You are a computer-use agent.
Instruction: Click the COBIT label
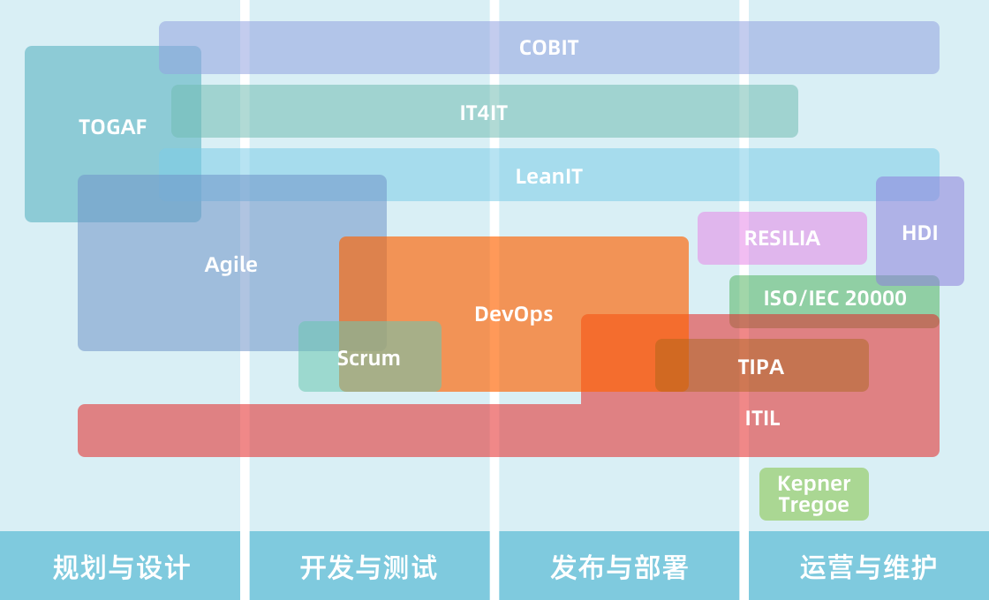(548, 48)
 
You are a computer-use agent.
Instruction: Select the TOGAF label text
(113, 127)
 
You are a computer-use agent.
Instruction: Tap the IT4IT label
(484, 113)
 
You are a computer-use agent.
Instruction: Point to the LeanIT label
(548, 176)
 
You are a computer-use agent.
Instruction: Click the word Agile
(231, 265)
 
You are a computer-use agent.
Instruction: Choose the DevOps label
(513, 314)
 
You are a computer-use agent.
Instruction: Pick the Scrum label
(368, 358)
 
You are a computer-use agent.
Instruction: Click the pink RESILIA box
(781, 238)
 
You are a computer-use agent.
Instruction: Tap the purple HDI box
(919, 233)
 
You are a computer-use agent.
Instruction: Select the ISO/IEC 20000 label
(834, 298)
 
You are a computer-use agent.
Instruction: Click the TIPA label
(761, 367)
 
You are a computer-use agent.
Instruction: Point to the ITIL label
(762, 418)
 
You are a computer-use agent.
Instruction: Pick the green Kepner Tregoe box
(813, 494)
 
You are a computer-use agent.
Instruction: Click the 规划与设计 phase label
(121, 566)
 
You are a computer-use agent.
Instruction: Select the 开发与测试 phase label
(368, 566)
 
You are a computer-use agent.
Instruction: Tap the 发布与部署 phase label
(618, 566)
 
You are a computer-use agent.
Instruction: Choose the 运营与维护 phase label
(868, 566)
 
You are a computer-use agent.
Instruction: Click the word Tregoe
(813, 506)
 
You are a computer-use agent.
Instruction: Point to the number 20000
(875, 298)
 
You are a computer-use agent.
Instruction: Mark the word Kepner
(813, 484)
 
